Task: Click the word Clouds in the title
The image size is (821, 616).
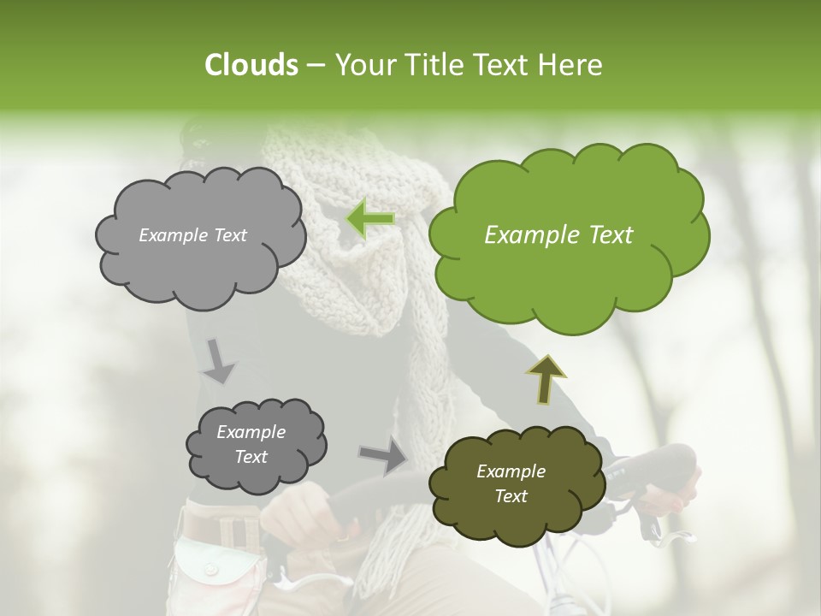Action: point(251,65)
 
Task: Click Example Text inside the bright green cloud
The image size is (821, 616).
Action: point(558,235)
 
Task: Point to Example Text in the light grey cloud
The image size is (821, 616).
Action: point(192,235)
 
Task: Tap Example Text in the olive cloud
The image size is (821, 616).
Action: point(511,483)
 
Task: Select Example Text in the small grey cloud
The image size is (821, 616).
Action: point(251,444)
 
